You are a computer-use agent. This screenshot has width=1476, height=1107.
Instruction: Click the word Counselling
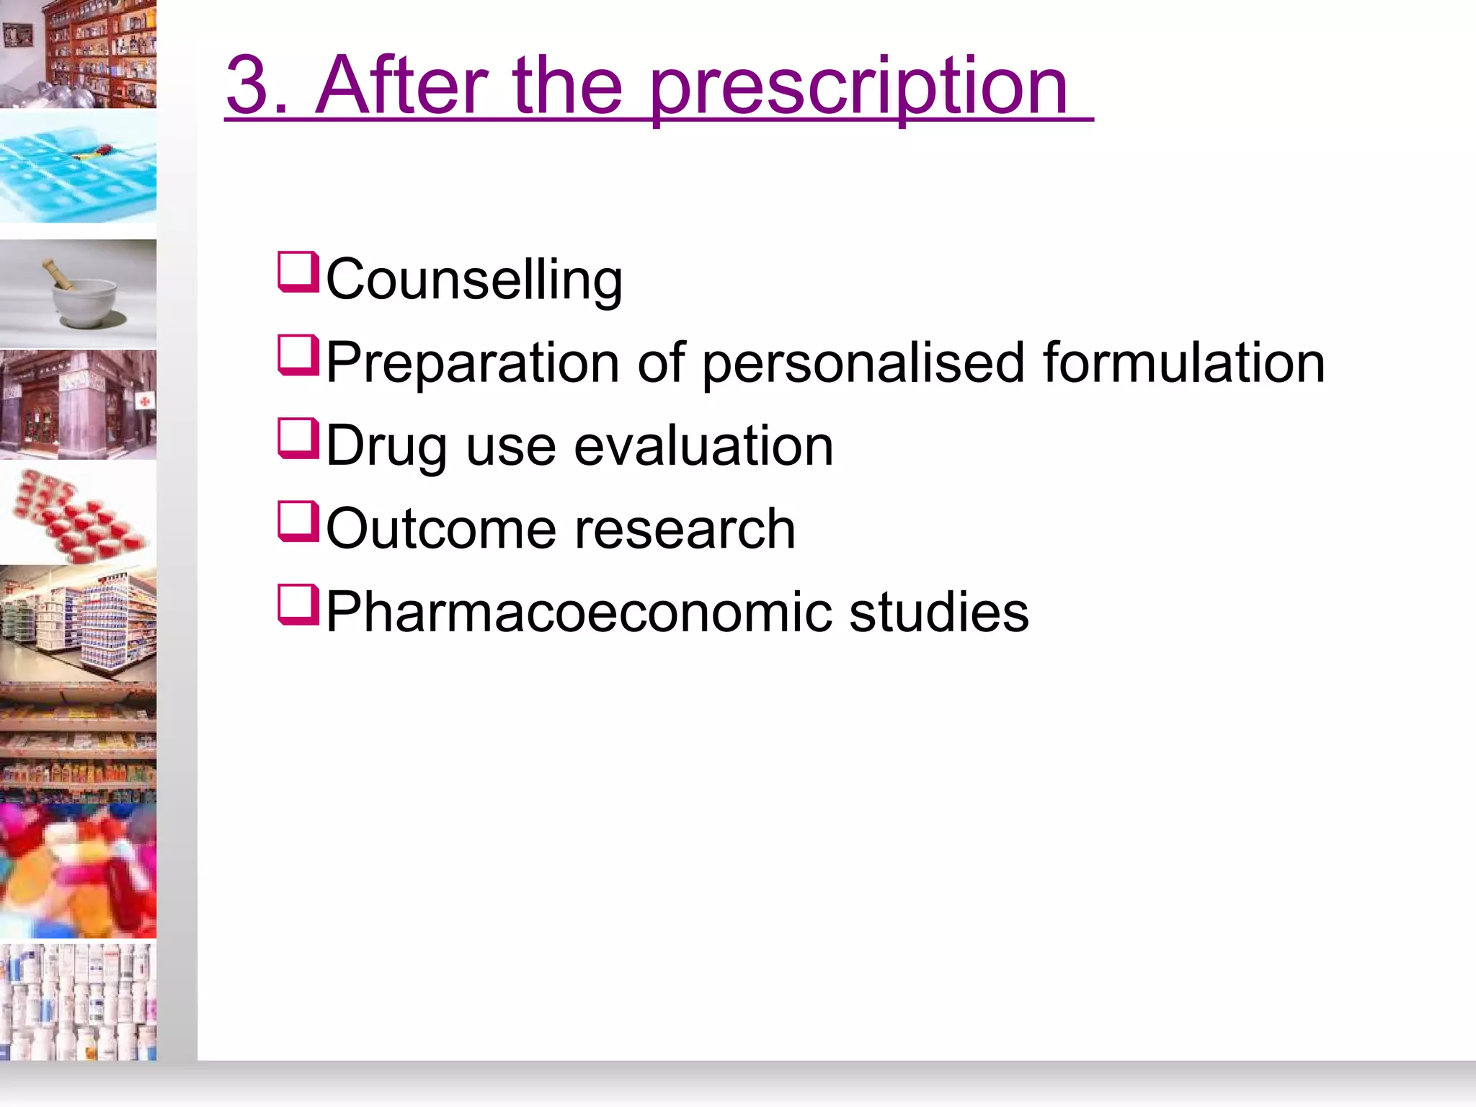474,280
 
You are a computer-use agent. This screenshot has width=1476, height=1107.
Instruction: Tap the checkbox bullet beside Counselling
298,272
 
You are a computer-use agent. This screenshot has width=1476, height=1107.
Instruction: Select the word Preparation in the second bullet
472,363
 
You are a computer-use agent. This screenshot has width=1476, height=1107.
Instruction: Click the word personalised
863,363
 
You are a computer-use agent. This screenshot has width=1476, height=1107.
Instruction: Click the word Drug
386,447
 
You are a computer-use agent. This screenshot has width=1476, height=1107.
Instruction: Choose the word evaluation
703,446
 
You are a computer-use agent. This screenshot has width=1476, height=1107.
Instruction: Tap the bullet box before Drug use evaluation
298,438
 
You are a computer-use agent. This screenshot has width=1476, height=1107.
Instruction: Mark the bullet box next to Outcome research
298,521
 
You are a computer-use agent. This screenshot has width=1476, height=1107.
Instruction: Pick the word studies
938,612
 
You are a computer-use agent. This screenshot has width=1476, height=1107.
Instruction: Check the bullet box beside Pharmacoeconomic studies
298,604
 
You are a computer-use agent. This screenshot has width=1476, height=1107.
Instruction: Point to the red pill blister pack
78,515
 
